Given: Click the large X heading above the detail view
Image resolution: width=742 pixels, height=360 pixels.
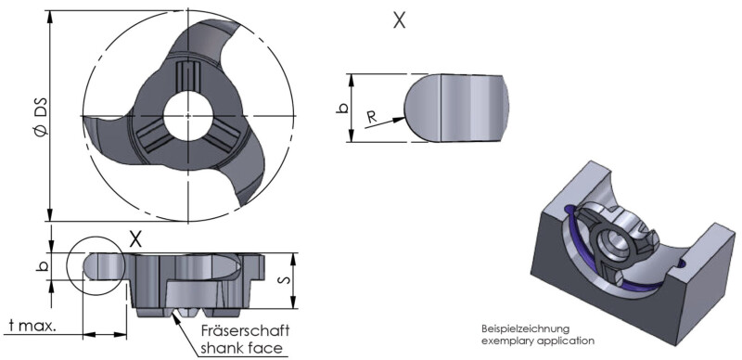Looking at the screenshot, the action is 400,19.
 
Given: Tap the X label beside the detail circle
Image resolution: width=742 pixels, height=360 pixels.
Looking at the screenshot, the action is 135,239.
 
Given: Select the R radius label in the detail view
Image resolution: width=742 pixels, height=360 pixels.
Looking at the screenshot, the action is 373,117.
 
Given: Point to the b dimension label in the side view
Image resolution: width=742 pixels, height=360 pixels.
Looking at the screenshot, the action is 41,266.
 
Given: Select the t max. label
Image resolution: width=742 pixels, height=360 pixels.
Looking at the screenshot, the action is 33,326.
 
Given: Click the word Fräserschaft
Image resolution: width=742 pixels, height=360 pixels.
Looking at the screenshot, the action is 245,330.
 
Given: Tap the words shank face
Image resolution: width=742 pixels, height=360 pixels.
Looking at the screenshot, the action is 242,348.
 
